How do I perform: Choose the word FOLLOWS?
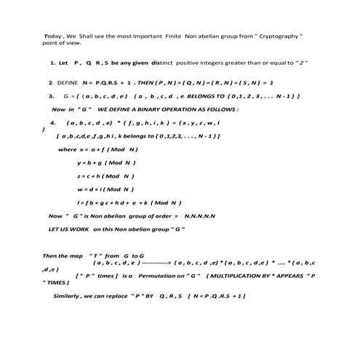(216, 109)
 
